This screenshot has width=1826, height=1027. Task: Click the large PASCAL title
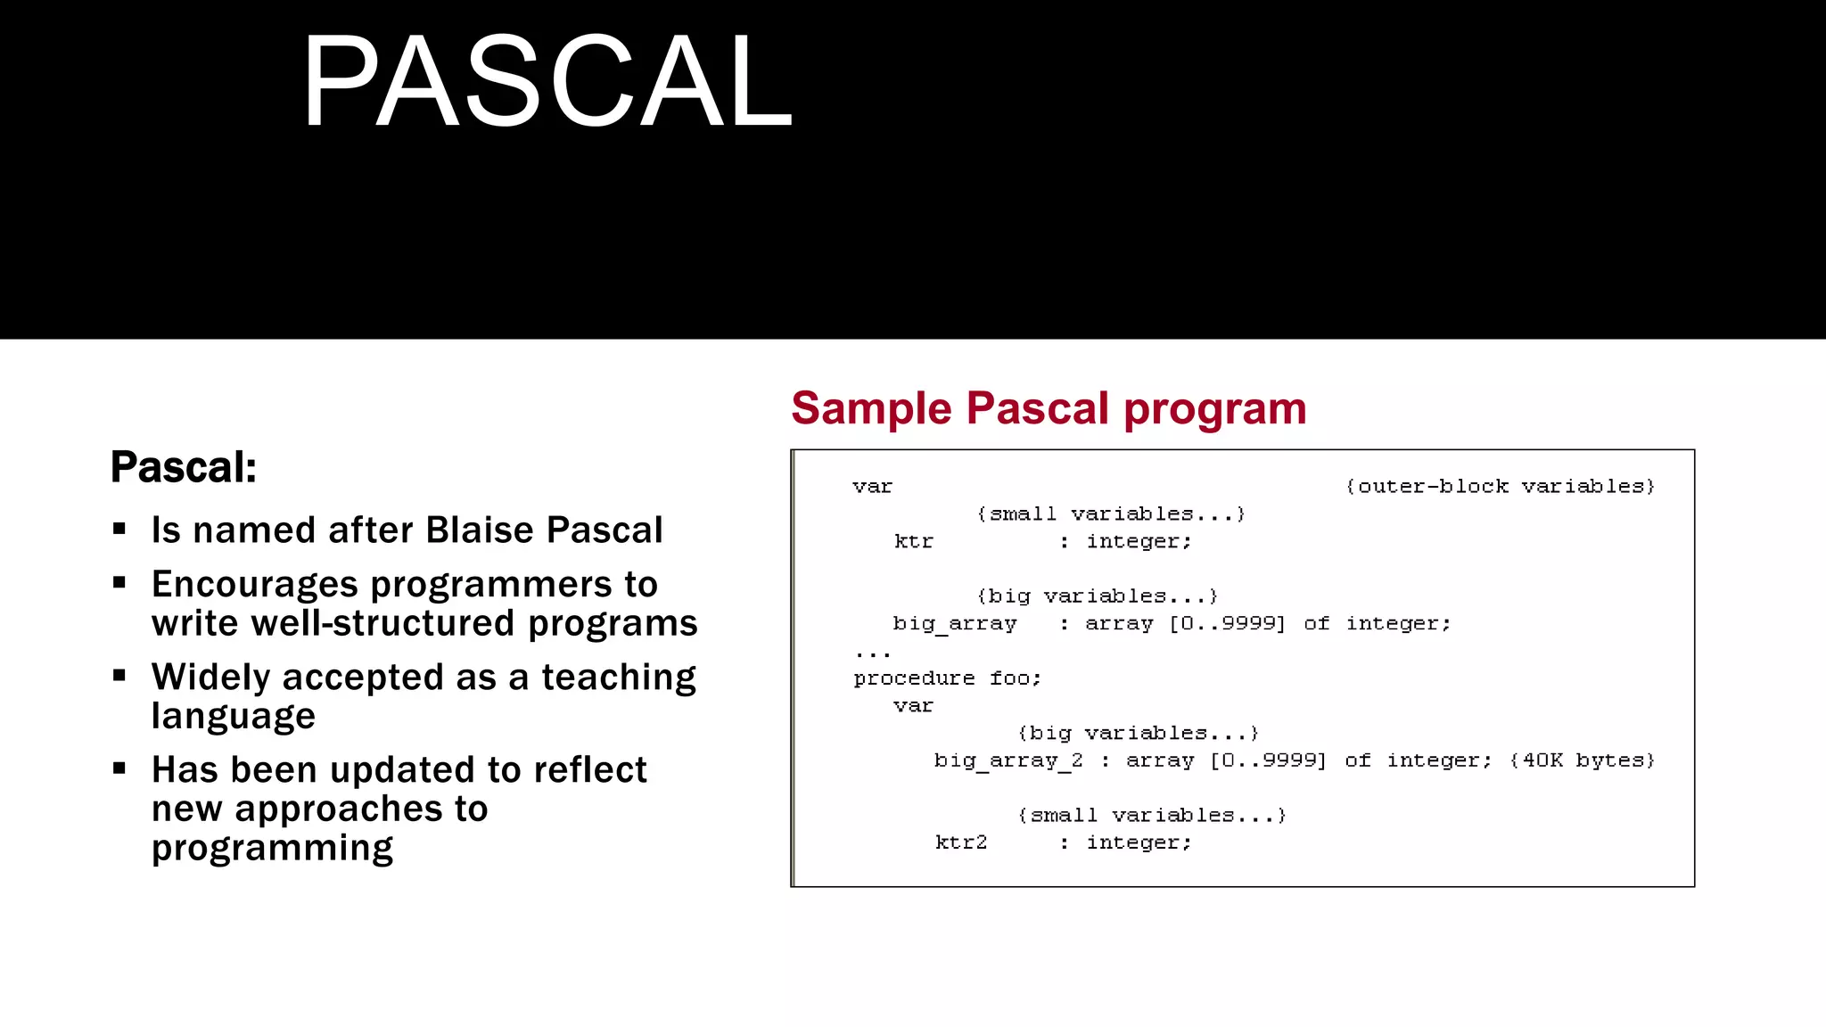pyautogui.click(x=547, y=82)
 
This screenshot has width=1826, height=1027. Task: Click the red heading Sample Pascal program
pyautogui.click(x=1049, y=408)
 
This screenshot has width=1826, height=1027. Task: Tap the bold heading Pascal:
pyautogui.click(x=184, y=467)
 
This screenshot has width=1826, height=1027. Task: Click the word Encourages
pyautogui.click(x=255, y=585)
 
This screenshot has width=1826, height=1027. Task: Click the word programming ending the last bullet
pyautogui.click(x=272, y=848)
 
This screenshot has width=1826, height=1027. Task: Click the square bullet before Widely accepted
pyautogui.click(x=119, y=676)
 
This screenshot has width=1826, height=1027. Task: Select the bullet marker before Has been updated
pyautogui.click(x=119, y=768)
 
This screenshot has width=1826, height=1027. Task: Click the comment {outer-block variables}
pyautogui.click(x=1500, y=487)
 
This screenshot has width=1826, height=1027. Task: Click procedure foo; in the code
pyautogui.click(x=947, y=678)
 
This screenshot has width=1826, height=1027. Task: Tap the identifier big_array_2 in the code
pyautogui.click(x=1008, y=760)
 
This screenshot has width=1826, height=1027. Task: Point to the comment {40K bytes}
pyautogui.click(x=1582, y=760)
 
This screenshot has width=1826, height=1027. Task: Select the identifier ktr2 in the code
pyautogui.click(x=961, y=842)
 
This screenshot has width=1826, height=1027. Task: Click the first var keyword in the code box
pyautogui.click(x=872, y=487)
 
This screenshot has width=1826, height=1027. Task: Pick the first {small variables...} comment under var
pyautogui.click(x=1110, y=514)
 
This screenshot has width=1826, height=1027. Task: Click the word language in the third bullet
pyautogui.click(x=234, y=717)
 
